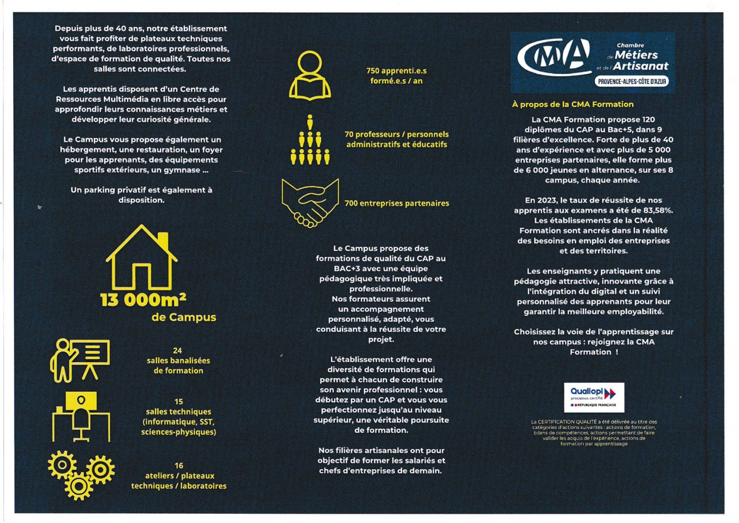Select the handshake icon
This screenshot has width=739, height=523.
310,202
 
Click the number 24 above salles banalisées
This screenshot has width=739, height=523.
178,350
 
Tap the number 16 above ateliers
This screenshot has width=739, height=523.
179,465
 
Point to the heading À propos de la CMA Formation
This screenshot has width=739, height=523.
572,105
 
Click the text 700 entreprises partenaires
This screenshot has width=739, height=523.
396,203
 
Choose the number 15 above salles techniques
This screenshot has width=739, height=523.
179,401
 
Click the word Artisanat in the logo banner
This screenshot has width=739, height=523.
641,66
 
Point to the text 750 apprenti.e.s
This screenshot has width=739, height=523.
396,71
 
